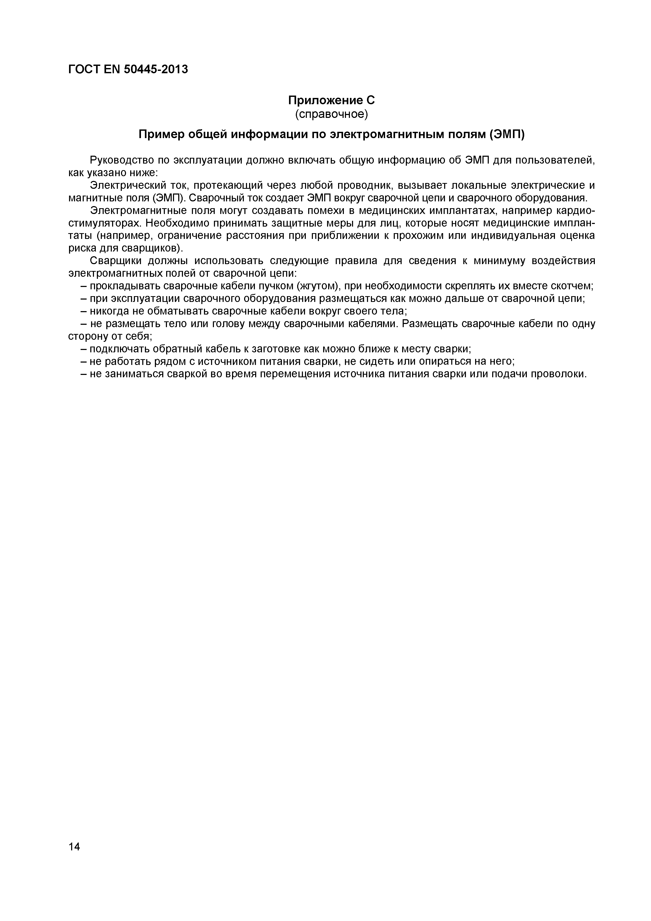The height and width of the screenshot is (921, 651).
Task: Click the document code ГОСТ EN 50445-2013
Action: coord(128,69)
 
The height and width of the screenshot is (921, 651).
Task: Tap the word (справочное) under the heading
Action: coord(331,114)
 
